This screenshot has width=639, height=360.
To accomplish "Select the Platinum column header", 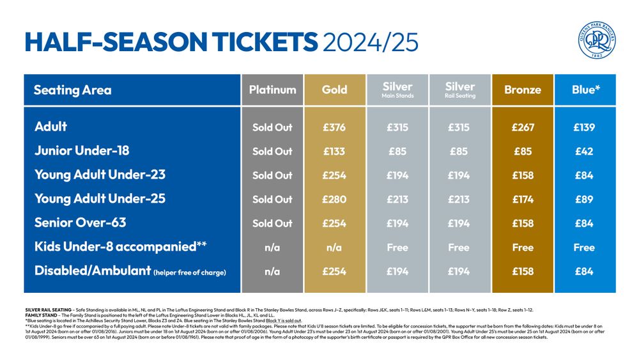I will [x=272, y=90].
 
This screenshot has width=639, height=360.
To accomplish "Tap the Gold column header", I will [x=334, y=90].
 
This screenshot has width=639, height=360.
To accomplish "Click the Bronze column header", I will [x=522, y=90].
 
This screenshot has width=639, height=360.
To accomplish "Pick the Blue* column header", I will [x=585, y=90].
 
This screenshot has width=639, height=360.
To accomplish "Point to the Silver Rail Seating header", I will [x=460, y=90].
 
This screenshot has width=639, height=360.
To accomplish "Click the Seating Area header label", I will [x=72, y=90].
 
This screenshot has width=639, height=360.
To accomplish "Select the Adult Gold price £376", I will [x=334, y=127].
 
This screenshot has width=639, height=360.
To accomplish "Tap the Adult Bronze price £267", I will [x=523, y=127].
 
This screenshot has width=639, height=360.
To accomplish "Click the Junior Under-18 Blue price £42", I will [x=584, y=152].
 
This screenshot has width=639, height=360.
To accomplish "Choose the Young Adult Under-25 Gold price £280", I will [x=334, y=200].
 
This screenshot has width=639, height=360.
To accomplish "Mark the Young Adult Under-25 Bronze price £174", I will [x=523, y=200].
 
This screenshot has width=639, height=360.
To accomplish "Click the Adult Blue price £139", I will [x=584, y=127].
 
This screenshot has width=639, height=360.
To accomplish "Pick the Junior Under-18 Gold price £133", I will [x=334, y=152].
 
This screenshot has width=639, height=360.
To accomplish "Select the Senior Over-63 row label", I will [x=80, y=223].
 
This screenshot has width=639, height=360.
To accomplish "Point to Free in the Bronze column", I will [x=523, y=247].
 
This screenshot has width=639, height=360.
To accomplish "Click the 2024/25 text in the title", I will [x=371, y=42].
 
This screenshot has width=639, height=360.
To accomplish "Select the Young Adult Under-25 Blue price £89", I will [x=584, y=200].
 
